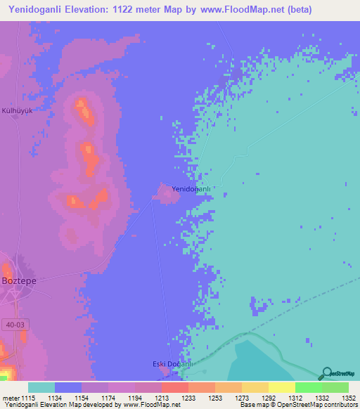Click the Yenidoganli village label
click(x=192, y=190)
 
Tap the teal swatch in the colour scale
click(x=41, y=387)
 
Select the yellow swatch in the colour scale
click(x=281, y=387)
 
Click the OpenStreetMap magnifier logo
click(x=326, y=373)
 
